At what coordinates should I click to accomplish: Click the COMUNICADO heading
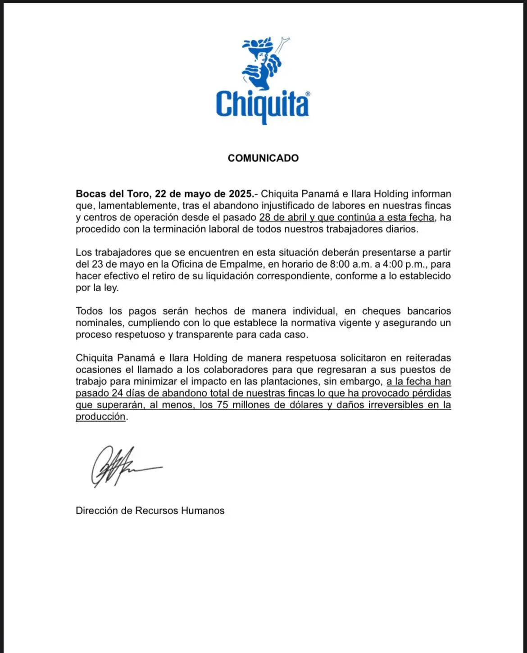pos(263,158)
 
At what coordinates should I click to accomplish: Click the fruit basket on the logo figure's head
pos(258,44)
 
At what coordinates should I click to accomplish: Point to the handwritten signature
pos(122,466)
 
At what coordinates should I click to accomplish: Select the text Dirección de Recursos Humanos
pos(150,511)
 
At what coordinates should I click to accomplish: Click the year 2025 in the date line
pos(240,194)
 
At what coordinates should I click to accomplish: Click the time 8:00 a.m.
pos(347,264)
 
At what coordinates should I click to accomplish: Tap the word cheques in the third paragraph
pos(381,311)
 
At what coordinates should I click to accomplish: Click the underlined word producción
pos(100,416)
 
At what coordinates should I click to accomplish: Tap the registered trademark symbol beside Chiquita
pos(308,94)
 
